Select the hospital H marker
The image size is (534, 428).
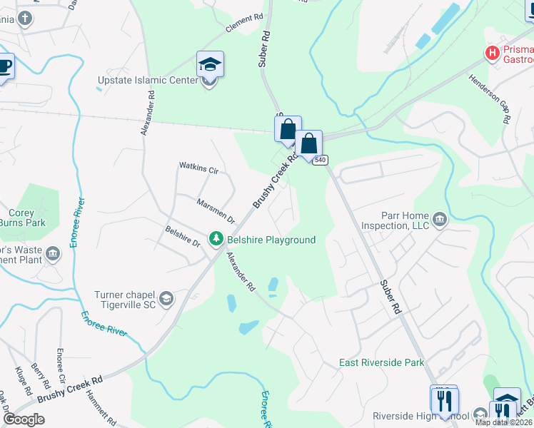[x=491, y=53]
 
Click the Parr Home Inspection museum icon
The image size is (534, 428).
[x=439, y=218]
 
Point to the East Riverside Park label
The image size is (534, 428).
[x=381, y=362]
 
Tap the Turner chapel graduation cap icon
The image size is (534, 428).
[x=166, y=299]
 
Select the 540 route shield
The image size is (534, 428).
[x=320, y=160]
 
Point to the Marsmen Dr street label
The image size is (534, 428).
[x=216, y=210]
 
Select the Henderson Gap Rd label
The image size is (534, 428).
[x=488, y=96]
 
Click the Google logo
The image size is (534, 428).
[x=24, y=419]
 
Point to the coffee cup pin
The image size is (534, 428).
[x=4, y=66]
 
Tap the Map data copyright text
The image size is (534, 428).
[x=503, y=422]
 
